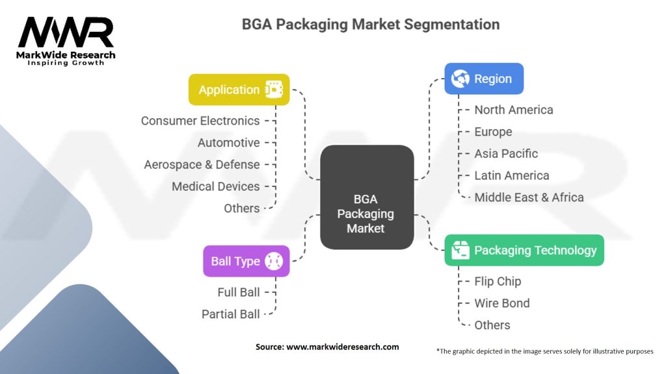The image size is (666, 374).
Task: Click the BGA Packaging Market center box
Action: (367, 197)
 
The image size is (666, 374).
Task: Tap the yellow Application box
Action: (239, 90)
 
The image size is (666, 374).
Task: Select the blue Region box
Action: (483, 79)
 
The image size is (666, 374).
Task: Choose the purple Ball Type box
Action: (246, 261)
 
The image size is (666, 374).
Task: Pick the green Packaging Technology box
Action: (524, 250)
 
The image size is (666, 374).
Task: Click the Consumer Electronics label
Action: (200, 121)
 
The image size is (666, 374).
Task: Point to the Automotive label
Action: (228, 143)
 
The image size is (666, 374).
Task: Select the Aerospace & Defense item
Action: (202, 164)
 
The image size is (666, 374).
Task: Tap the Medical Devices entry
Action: (215, 186)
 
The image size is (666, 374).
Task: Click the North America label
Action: (513, 110)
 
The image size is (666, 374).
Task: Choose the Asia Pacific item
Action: (506, 153)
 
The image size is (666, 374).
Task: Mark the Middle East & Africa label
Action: (529, 197)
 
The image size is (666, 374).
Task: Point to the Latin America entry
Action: (511, 175)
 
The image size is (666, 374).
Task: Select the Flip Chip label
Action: (498, 281)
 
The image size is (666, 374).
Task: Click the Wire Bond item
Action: (501, 303)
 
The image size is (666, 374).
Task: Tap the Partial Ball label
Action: (230, 314)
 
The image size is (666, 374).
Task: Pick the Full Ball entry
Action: (239, 292)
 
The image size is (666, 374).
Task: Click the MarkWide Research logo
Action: (66, 40)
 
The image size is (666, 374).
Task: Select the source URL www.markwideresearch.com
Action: (342, 347)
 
